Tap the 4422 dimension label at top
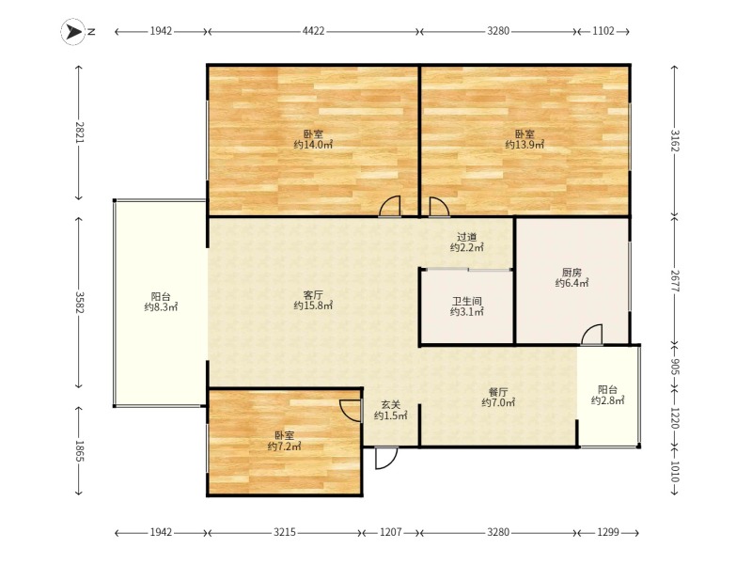314,32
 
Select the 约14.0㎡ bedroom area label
313,145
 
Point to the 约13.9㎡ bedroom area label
525,145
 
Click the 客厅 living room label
313,293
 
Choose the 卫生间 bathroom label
466,302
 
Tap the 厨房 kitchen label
572,272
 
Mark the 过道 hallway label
466,237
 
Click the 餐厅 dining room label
498,391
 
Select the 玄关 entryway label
390,404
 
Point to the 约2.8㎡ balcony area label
607,401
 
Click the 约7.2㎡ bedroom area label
284,446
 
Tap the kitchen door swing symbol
591,335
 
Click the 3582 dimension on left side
81,304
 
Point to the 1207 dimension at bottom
390,533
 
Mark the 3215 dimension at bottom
285,533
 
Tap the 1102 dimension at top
603,32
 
